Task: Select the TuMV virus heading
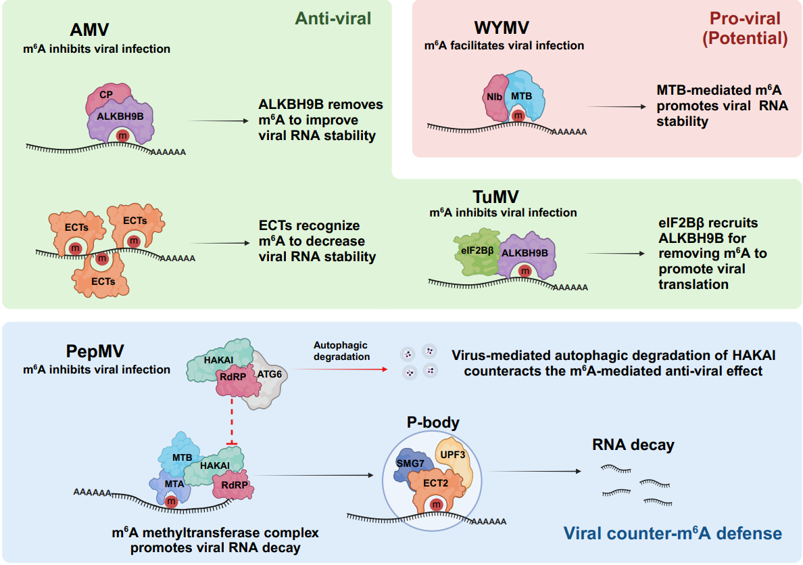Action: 500,197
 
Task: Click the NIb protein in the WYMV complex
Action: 495,96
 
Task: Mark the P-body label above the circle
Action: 433,424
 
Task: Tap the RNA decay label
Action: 633,445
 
